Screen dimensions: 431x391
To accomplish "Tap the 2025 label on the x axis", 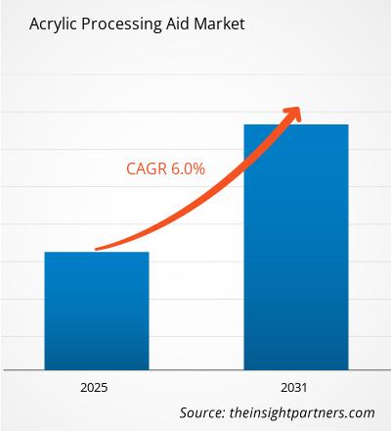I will [97, 385].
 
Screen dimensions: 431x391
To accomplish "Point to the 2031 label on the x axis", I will [296, 385].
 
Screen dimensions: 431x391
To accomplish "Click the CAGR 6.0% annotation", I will [165, 168].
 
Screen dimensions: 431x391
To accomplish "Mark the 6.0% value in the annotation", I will [187, 168].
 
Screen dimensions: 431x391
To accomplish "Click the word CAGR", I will [146, 168].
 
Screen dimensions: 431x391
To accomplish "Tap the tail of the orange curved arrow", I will [97, 249].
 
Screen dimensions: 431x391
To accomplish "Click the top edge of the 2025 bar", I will [97, 253].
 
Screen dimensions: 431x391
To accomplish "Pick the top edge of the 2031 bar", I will [296, 125].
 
